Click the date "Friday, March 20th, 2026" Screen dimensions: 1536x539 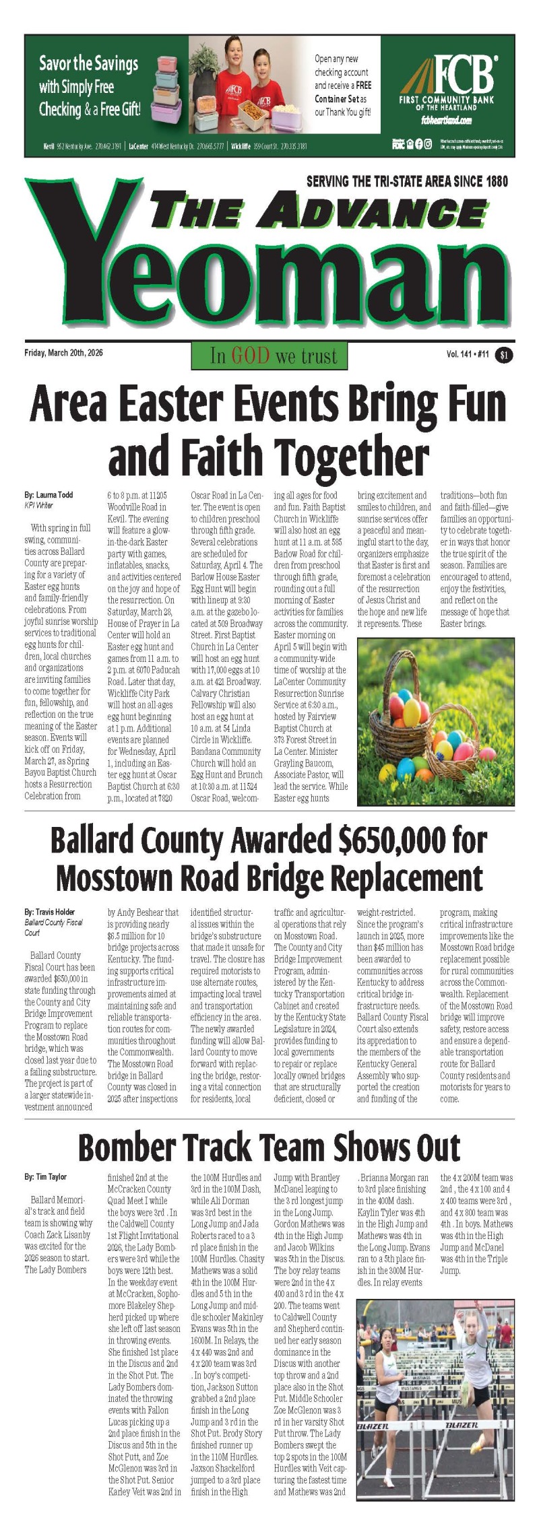point(63,352)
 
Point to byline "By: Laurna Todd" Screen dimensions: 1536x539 point(49,495)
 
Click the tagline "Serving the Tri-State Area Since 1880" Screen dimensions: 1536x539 point(407,181)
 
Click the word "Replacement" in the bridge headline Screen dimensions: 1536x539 point(398,878)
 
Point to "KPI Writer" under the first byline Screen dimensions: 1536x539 point(38,505)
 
